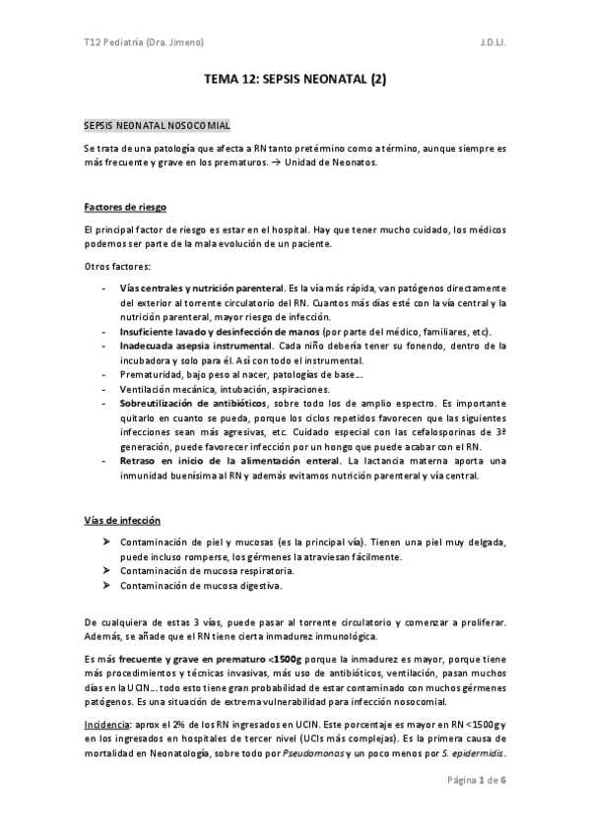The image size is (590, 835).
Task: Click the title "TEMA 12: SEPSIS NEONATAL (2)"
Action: (295, 83)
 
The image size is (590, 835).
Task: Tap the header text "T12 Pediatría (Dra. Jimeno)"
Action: (145, 43)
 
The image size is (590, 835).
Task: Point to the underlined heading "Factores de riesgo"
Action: (124, 208)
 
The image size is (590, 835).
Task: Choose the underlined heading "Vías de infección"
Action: (122, 520)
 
